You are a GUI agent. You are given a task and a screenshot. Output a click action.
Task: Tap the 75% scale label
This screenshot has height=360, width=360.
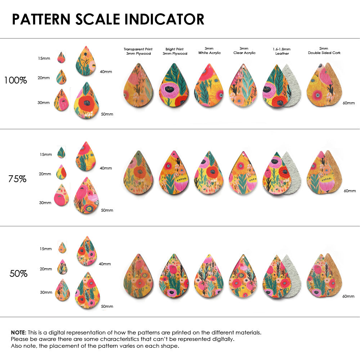tap(17, 179)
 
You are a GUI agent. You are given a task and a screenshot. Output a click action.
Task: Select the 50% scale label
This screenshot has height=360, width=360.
tap(18, 274)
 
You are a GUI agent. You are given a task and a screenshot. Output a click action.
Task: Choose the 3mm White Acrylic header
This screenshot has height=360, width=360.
tap(209, 51)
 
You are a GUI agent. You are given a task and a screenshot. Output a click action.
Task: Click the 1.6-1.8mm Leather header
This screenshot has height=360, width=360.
tap(282, 51)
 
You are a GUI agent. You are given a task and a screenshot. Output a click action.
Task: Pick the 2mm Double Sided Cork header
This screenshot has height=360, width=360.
tap(324, 51)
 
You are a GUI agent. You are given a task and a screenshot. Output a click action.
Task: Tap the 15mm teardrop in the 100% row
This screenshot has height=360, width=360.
tap(61, 57)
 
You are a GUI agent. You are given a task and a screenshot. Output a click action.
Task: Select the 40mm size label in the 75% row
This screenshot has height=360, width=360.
tap(105, 168)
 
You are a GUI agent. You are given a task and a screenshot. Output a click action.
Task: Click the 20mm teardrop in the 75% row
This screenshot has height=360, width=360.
tap(61, 172)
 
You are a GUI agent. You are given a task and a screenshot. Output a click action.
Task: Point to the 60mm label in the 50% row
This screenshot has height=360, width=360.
tap(349, 296)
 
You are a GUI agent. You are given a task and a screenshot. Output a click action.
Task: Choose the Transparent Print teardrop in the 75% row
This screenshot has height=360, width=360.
tap(138, 173)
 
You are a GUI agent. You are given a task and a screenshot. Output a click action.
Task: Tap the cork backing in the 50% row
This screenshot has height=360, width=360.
tap(335, 274)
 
